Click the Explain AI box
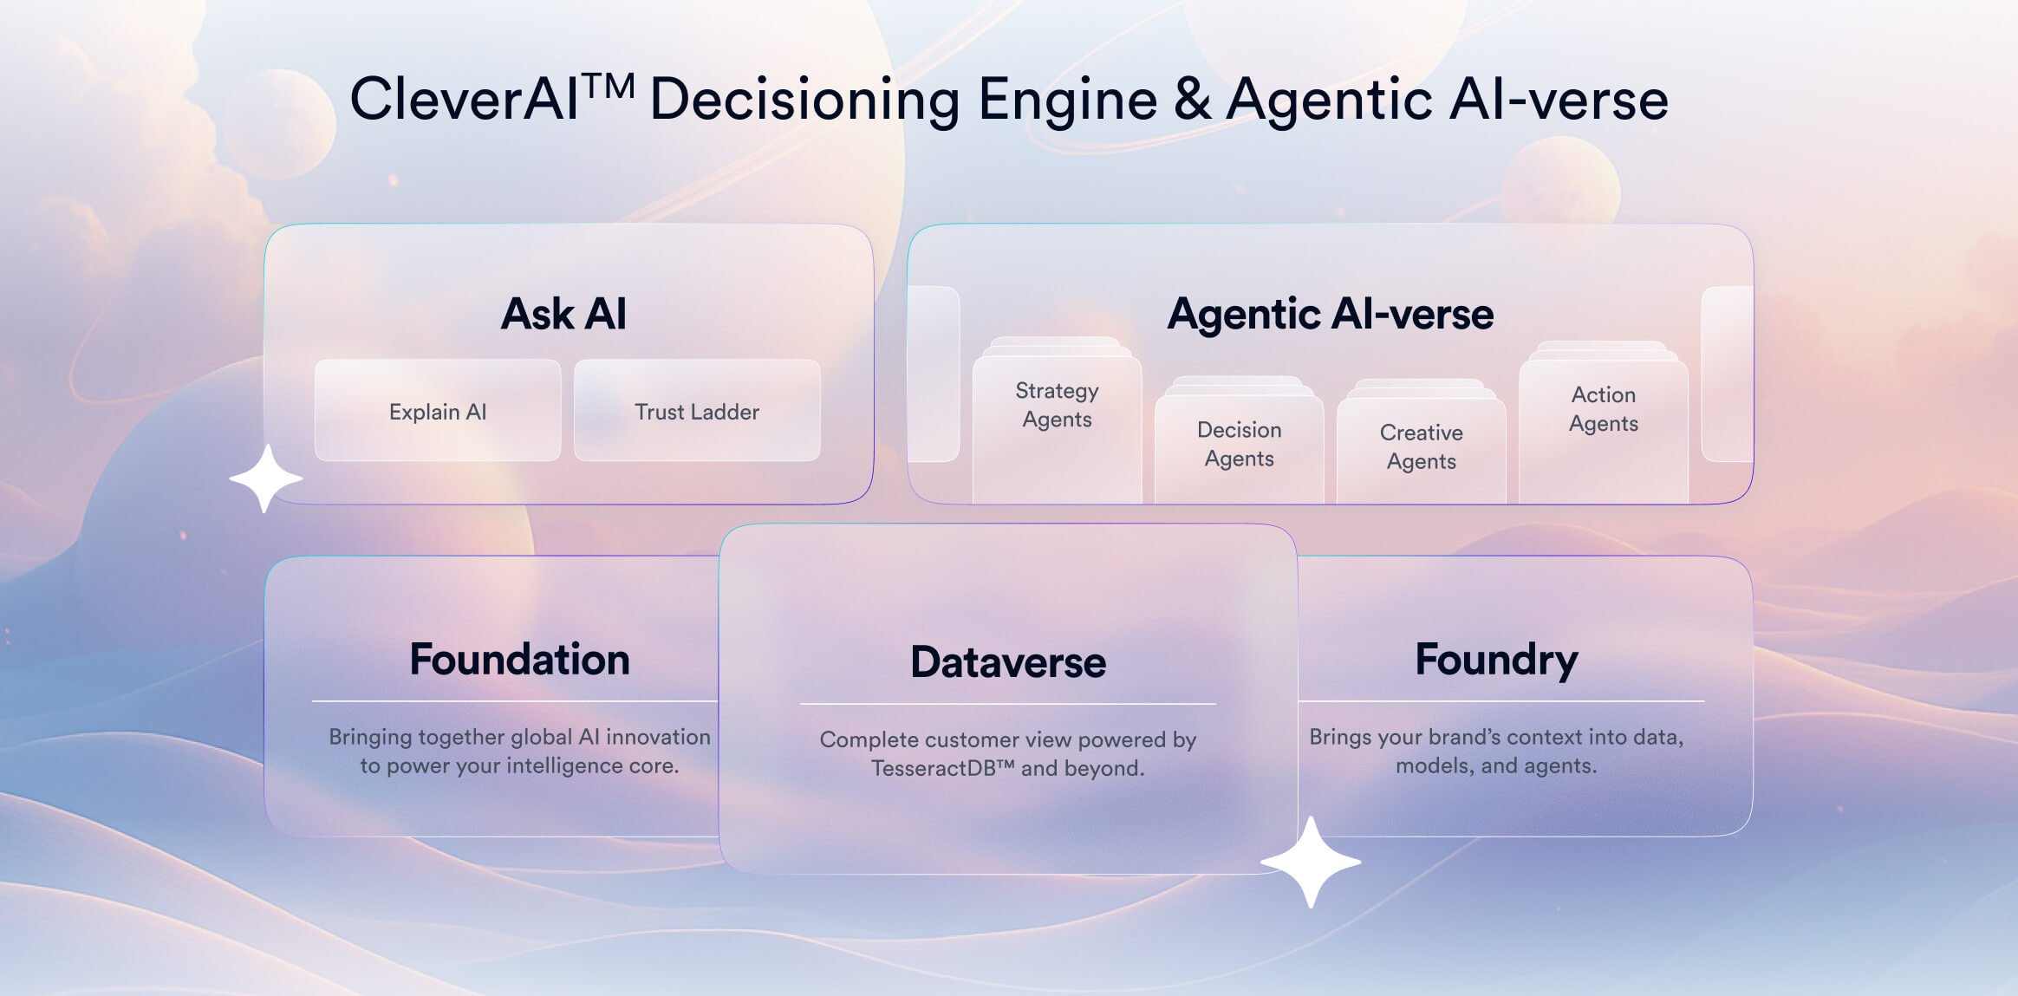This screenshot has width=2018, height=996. [438, 411]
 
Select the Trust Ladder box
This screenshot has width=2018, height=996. [697, 411]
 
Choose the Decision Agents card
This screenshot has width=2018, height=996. [1239, 445]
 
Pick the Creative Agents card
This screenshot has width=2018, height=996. [1421, 447]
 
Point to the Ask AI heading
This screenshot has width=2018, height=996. [563, 314]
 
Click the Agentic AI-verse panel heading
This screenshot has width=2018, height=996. [1330, 314]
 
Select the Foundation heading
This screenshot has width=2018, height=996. [519, 660]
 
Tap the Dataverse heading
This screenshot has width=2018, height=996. [1008, 663]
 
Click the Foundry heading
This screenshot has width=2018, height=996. [1496, 661]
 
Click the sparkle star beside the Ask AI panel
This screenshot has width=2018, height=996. [265, 478]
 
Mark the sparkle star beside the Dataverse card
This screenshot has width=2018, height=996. [1311, 862]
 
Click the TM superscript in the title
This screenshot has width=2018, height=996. [608, 87]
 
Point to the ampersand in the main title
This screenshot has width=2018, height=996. [1193, 100]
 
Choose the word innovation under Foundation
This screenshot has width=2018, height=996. [658, 737]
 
